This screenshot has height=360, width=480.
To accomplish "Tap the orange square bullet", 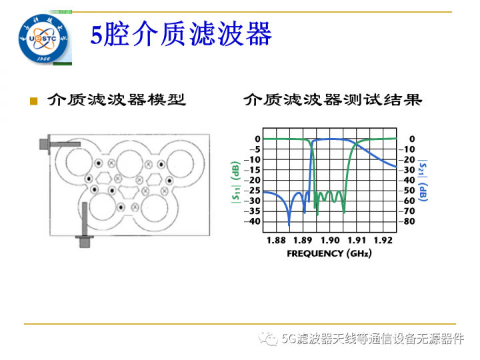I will pyautogui.click(x=33, y=101).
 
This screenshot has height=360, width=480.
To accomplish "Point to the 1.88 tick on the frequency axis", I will pyautogui.click(x=275, y=239).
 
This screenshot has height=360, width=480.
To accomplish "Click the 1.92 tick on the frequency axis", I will pyautogui.click(x=383, y=239).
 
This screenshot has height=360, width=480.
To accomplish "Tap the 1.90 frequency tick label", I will pyautogui.click(x=329, y=239).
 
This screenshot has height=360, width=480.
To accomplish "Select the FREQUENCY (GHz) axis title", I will pyautogui.click(x=329, y=253).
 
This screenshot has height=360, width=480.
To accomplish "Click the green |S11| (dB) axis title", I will pyautogui.click(x=237, y=180).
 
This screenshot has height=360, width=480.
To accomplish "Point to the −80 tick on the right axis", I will pyautogui.click(x=408, y=221).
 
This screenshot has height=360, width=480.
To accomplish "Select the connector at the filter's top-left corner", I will pyautogui.click(x=47, y=143).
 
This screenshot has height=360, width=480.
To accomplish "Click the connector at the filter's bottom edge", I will pyautogui.click(x=85, y=239).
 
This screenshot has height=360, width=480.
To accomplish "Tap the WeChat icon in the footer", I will pyautogui.click(x=270, y=339).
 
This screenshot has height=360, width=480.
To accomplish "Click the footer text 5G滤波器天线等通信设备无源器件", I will pyautogui.click(x=372, y=339).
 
